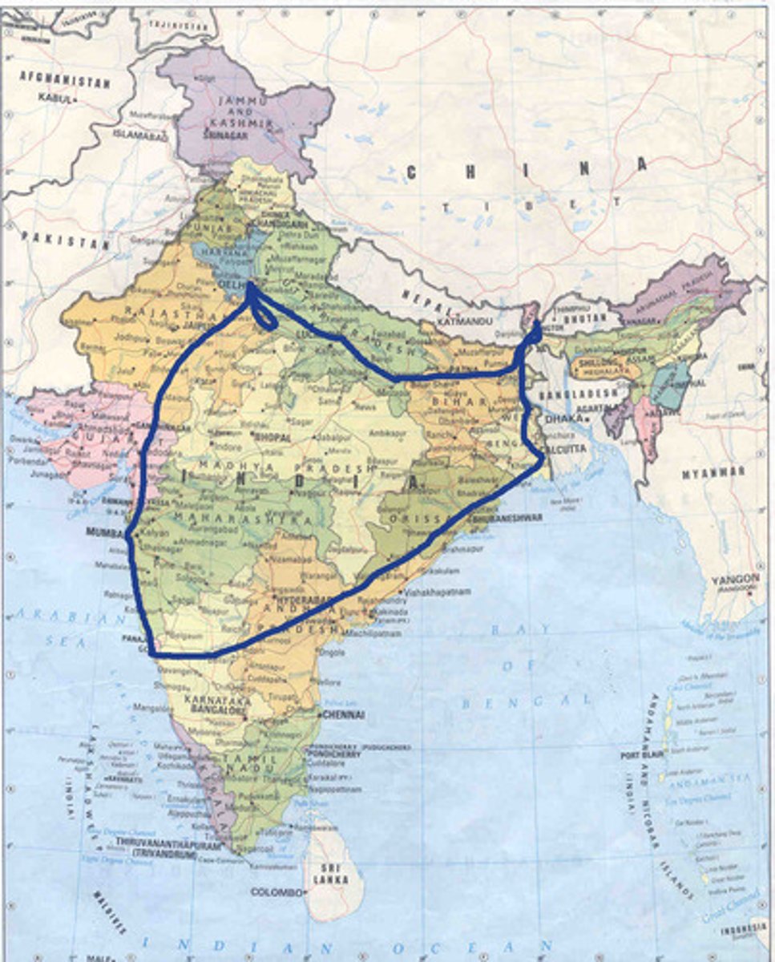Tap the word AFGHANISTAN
click(x=64, y=81)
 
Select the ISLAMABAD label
click(x=141, y=136)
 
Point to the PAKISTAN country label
click(x=66, y=238)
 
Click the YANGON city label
click(x=735, y=578)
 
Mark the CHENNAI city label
click(x=343, y=714)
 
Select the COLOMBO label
click(x=276, y=891)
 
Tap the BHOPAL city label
click(x=272, y=438)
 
